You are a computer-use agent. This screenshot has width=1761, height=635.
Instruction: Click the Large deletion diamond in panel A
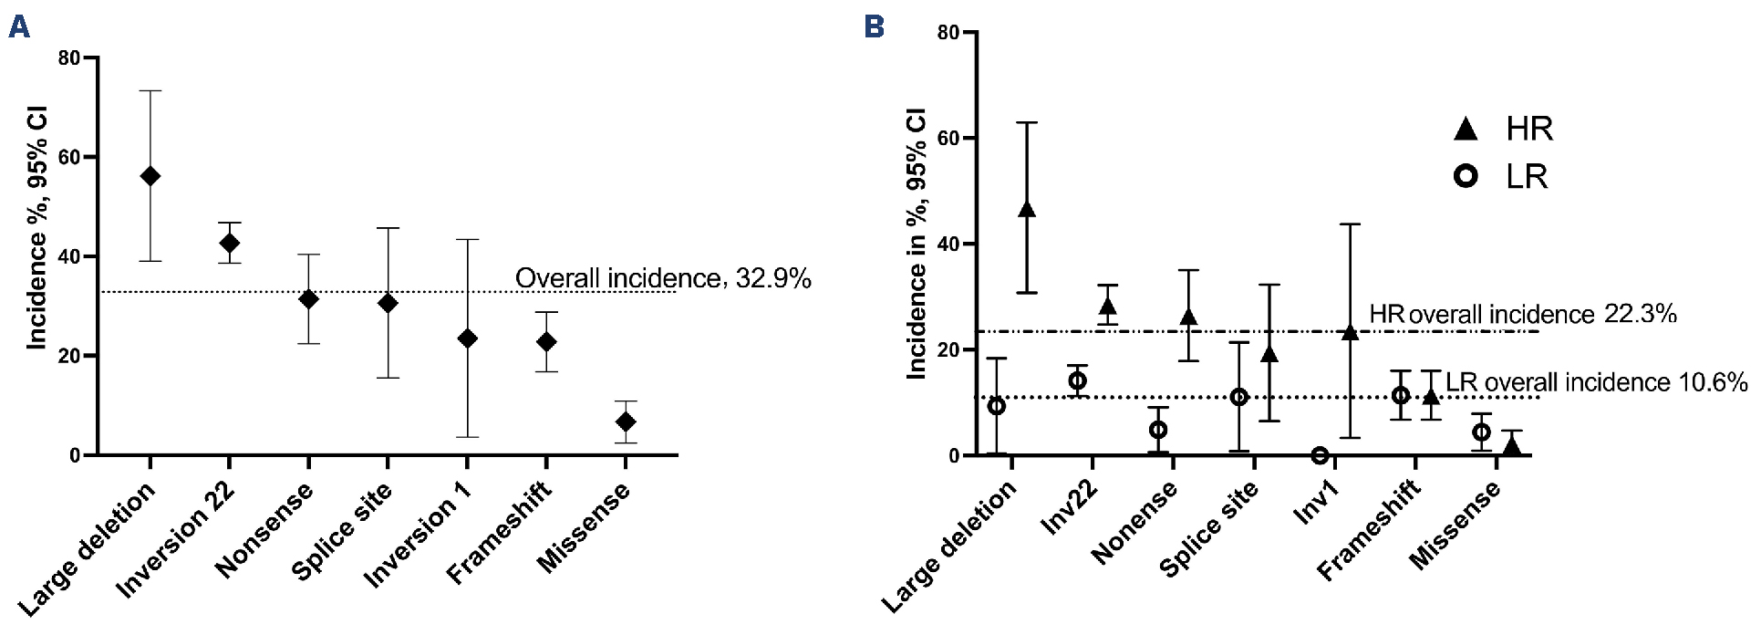pos(150,176)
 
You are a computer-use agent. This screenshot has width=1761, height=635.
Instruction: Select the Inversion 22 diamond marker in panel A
pos(230,243)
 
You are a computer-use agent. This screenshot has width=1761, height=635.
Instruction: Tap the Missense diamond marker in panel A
pos(626,422)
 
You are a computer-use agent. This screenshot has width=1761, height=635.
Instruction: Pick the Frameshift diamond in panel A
pos(546,341)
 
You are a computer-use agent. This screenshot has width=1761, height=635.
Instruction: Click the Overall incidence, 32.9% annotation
pos(663,278)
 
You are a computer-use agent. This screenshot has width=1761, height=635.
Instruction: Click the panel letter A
pos(18,27)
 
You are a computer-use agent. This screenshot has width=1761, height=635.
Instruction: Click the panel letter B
pos(874,27)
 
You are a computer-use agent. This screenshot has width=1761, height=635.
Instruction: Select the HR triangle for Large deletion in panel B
pos(1027,209)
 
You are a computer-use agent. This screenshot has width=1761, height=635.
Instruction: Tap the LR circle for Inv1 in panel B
pos(1320,455)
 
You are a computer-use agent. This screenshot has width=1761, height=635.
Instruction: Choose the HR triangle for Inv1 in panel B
pos(1351,332)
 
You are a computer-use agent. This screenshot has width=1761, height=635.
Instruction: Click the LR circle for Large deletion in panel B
pos(997,405)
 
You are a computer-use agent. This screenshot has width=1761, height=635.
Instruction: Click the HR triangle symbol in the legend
pos(1466,130)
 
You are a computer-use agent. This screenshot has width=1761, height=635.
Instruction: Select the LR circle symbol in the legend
pos(1466,176)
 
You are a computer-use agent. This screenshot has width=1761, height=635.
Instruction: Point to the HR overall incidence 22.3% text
pos(1522,315)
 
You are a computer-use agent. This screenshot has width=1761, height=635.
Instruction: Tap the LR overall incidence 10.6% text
pos(1596,382)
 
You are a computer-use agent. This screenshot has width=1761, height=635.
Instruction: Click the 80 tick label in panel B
pos(948,33)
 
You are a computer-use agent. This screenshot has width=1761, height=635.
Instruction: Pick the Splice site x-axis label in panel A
pos(342,531)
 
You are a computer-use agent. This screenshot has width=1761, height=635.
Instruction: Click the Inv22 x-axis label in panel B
pos(1069,509)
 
